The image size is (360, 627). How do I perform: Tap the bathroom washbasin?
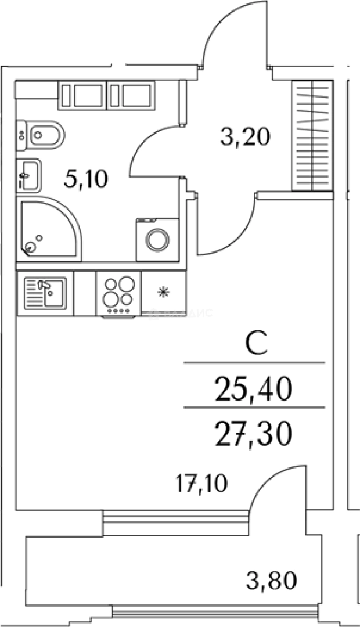point(29,174)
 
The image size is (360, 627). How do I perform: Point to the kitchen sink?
point(45,294)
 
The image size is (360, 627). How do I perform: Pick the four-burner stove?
point(118,294)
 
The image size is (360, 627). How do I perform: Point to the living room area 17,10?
point(201,482)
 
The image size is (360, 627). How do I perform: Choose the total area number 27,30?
point(252,434)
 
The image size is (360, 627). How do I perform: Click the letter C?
point(255,344)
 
